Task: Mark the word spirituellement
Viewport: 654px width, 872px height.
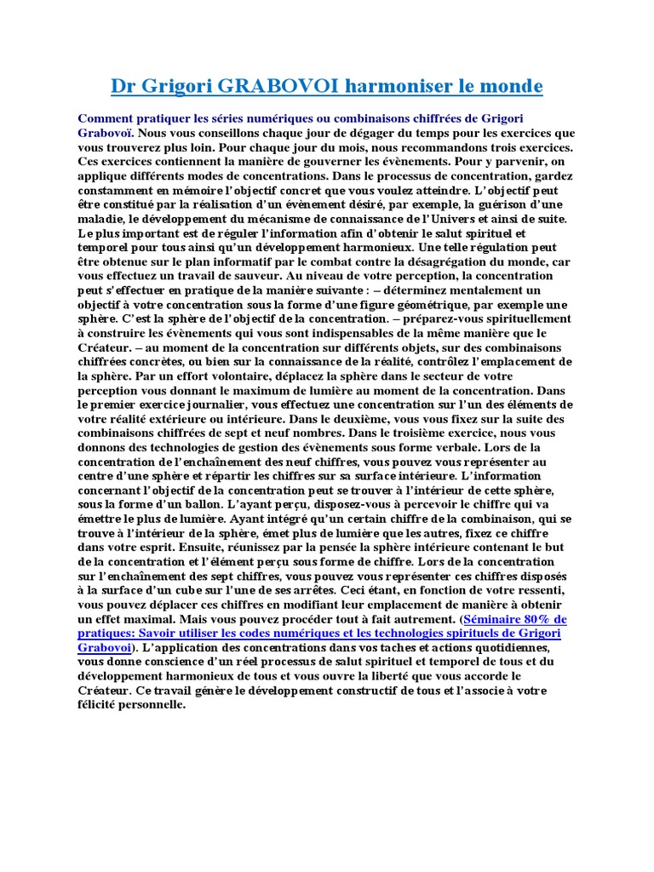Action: [520, 318]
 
